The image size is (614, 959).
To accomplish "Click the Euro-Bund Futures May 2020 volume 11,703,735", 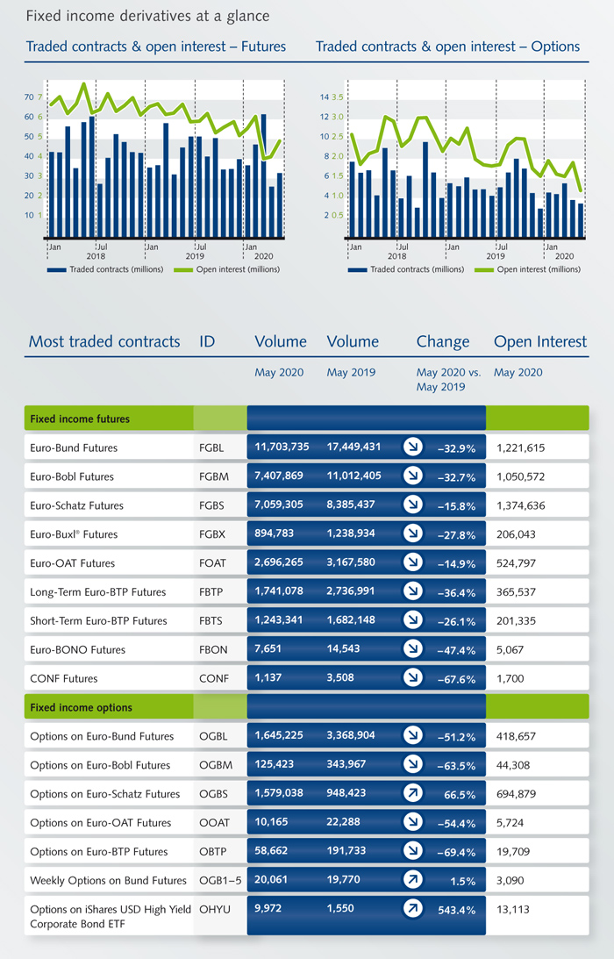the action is click(x=282, y=447).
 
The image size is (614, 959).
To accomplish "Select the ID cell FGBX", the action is click(x=212, y=534).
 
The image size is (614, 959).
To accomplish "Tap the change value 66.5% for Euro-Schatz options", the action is click(x=460, y=794).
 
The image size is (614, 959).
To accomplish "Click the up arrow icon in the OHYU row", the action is click(x=413, y=909).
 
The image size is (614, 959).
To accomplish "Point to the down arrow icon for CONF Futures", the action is click(x=413, y=677).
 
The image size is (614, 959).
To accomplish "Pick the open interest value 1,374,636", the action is click(x=520, y=505).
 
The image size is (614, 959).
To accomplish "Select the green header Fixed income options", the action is click(x=81, y=708).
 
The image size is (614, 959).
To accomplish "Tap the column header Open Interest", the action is click(x=540, y=341).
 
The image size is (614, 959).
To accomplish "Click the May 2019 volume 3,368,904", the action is click(x=351, y=735).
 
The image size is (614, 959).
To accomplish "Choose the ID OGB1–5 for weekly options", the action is click(x=220, y=881).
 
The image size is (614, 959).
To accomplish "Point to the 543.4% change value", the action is click(x=456, y=910).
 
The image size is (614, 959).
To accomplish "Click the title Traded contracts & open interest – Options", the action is click(x=447, y=47).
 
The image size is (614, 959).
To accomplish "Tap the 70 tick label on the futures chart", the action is click(x=29, y=97).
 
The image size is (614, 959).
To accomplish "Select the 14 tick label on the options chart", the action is click(x=325, y=97).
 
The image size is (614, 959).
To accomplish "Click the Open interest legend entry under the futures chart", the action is click(x=227, y=269).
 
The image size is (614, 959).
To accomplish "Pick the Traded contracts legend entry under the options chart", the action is click(x=406, y=269).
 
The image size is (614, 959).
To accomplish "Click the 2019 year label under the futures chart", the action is click(x=195, y=256).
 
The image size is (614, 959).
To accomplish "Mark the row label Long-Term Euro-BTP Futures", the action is click(x=98, y=592).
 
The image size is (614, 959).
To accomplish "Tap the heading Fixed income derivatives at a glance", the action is click(x=147, y=16).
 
